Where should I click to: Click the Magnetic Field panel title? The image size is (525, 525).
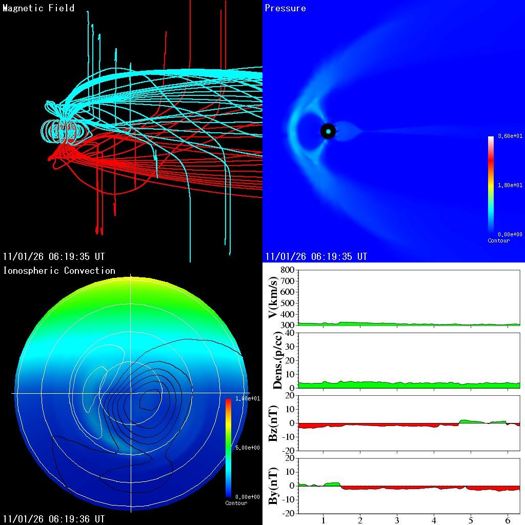pos(38,8)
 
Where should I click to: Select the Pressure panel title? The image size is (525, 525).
pos(286,8)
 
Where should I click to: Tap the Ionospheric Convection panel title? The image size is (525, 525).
pos(59,271)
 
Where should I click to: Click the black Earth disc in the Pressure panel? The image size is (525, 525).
pos(328,131)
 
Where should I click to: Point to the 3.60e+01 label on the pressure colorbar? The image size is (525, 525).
pos(510,136)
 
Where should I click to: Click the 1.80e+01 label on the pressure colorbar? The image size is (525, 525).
pos(510,185)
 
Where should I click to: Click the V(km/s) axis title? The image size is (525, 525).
pos(273,297)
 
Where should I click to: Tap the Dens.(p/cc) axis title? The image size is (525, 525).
pos(277,360)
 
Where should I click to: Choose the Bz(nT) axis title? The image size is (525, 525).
pos(273,423)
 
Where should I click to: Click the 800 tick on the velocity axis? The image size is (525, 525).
pos(287,270)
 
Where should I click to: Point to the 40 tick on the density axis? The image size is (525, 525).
pos(289,333)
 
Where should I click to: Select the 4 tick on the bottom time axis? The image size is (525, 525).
pos(434,520)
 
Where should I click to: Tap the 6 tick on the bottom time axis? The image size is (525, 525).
pos(508,520)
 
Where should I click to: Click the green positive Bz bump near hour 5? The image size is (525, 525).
pos(469,421)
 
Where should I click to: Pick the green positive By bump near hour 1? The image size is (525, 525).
pos(332,484)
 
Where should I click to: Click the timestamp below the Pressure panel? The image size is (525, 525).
pos(316,256)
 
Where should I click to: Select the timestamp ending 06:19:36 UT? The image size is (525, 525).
pos(54,519)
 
